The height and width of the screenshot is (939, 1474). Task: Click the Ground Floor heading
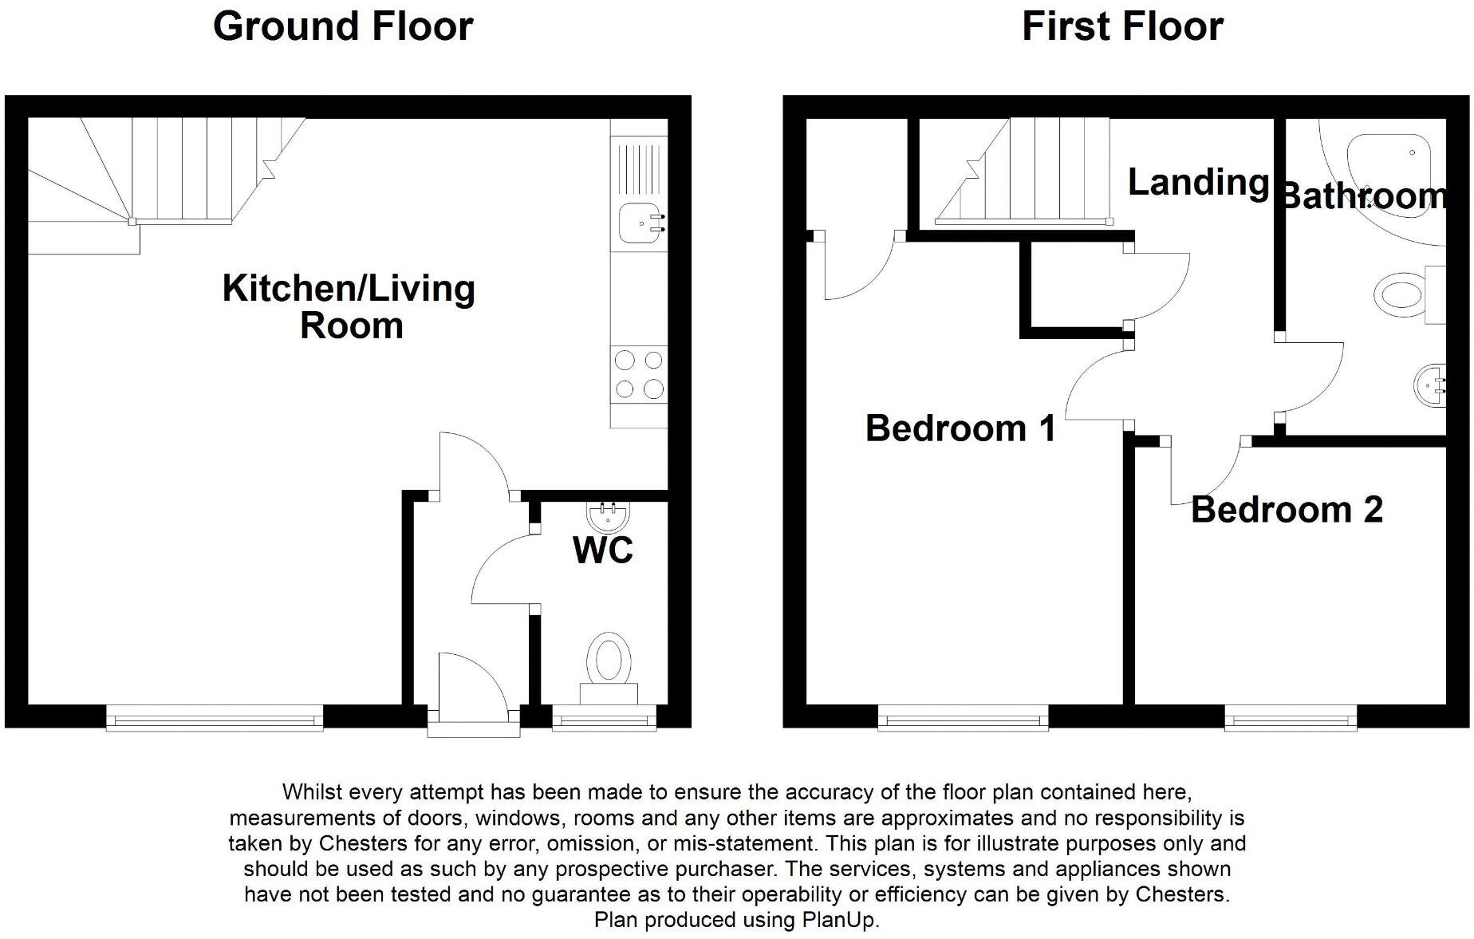(343, 26)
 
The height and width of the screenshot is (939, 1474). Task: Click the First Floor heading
(1122, 26)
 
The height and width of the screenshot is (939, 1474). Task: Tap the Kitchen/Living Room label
(349, 306)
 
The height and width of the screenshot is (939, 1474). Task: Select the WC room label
(603, 550)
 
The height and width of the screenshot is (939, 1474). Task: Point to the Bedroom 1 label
(960, 428)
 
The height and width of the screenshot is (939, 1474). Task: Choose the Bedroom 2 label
(1287, 510)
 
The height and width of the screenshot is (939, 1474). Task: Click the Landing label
(1198, 183)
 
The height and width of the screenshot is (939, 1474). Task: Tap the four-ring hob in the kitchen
(639, 374)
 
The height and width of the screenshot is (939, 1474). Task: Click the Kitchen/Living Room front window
(215, 720)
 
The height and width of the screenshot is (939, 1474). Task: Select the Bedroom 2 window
(1291, 720)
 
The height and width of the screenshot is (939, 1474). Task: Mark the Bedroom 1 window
(963, 720)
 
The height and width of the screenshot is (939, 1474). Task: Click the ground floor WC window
(604, 720)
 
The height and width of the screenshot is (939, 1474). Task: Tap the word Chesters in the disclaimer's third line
(361, 843)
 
